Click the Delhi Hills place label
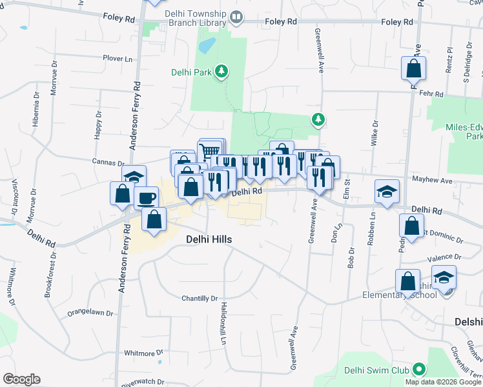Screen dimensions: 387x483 pos(209,239)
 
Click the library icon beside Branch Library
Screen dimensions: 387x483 pos(237,17)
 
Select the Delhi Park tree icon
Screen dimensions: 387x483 pos(222,71)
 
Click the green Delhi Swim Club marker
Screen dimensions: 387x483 pos(419,370)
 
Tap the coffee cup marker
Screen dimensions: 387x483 pos(147,197)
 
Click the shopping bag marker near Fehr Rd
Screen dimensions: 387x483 pos(413,67)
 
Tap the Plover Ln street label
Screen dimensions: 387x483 pos(118,58)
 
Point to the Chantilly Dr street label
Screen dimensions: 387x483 pos(200,299)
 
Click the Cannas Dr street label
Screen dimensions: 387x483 pos(108,163)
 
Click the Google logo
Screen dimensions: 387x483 pos(21,379)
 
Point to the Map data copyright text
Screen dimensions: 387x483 pos(443,382)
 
